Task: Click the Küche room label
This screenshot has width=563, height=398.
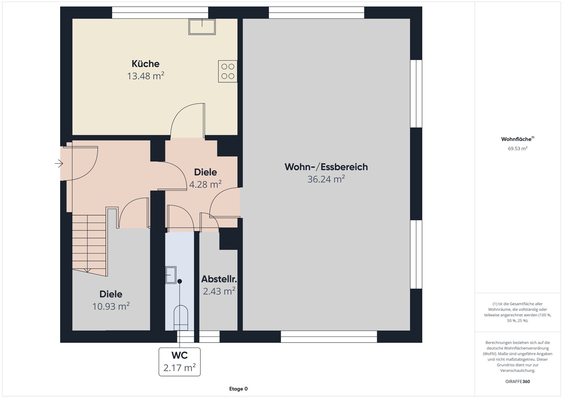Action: tap(145, 64)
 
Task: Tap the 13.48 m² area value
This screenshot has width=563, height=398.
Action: tap(146, 76)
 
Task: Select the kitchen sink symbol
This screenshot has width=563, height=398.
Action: tap(202, 27)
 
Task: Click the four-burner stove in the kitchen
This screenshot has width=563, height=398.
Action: tap(228, 71)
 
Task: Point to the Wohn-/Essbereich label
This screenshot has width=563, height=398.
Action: tap(326, 167)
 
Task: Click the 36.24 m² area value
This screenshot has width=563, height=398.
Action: tap(326, 179)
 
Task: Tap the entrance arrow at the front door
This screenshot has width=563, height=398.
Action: tap(59, 163)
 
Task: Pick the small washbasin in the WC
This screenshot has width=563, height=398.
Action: tap(171, 275)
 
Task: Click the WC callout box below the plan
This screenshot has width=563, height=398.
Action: tap(179, 362)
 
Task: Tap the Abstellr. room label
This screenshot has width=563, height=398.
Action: tap(219, 279)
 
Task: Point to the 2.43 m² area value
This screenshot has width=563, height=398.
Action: tap(219, 291)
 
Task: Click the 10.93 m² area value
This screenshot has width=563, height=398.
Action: tap(111, 306)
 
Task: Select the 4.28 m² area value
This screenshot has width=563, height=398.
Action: tap(205, 185)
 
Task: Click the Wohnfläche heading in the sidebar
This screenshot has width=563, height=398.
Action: tap(516, 139)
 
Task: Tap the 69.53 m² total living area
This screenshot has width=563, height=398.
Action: tap(518, 149)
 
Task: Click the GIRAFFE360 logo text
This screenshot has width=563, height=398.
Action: tap(518, 381)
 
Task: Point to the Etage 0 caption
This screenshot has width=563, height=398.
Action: tap(238, 389)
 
